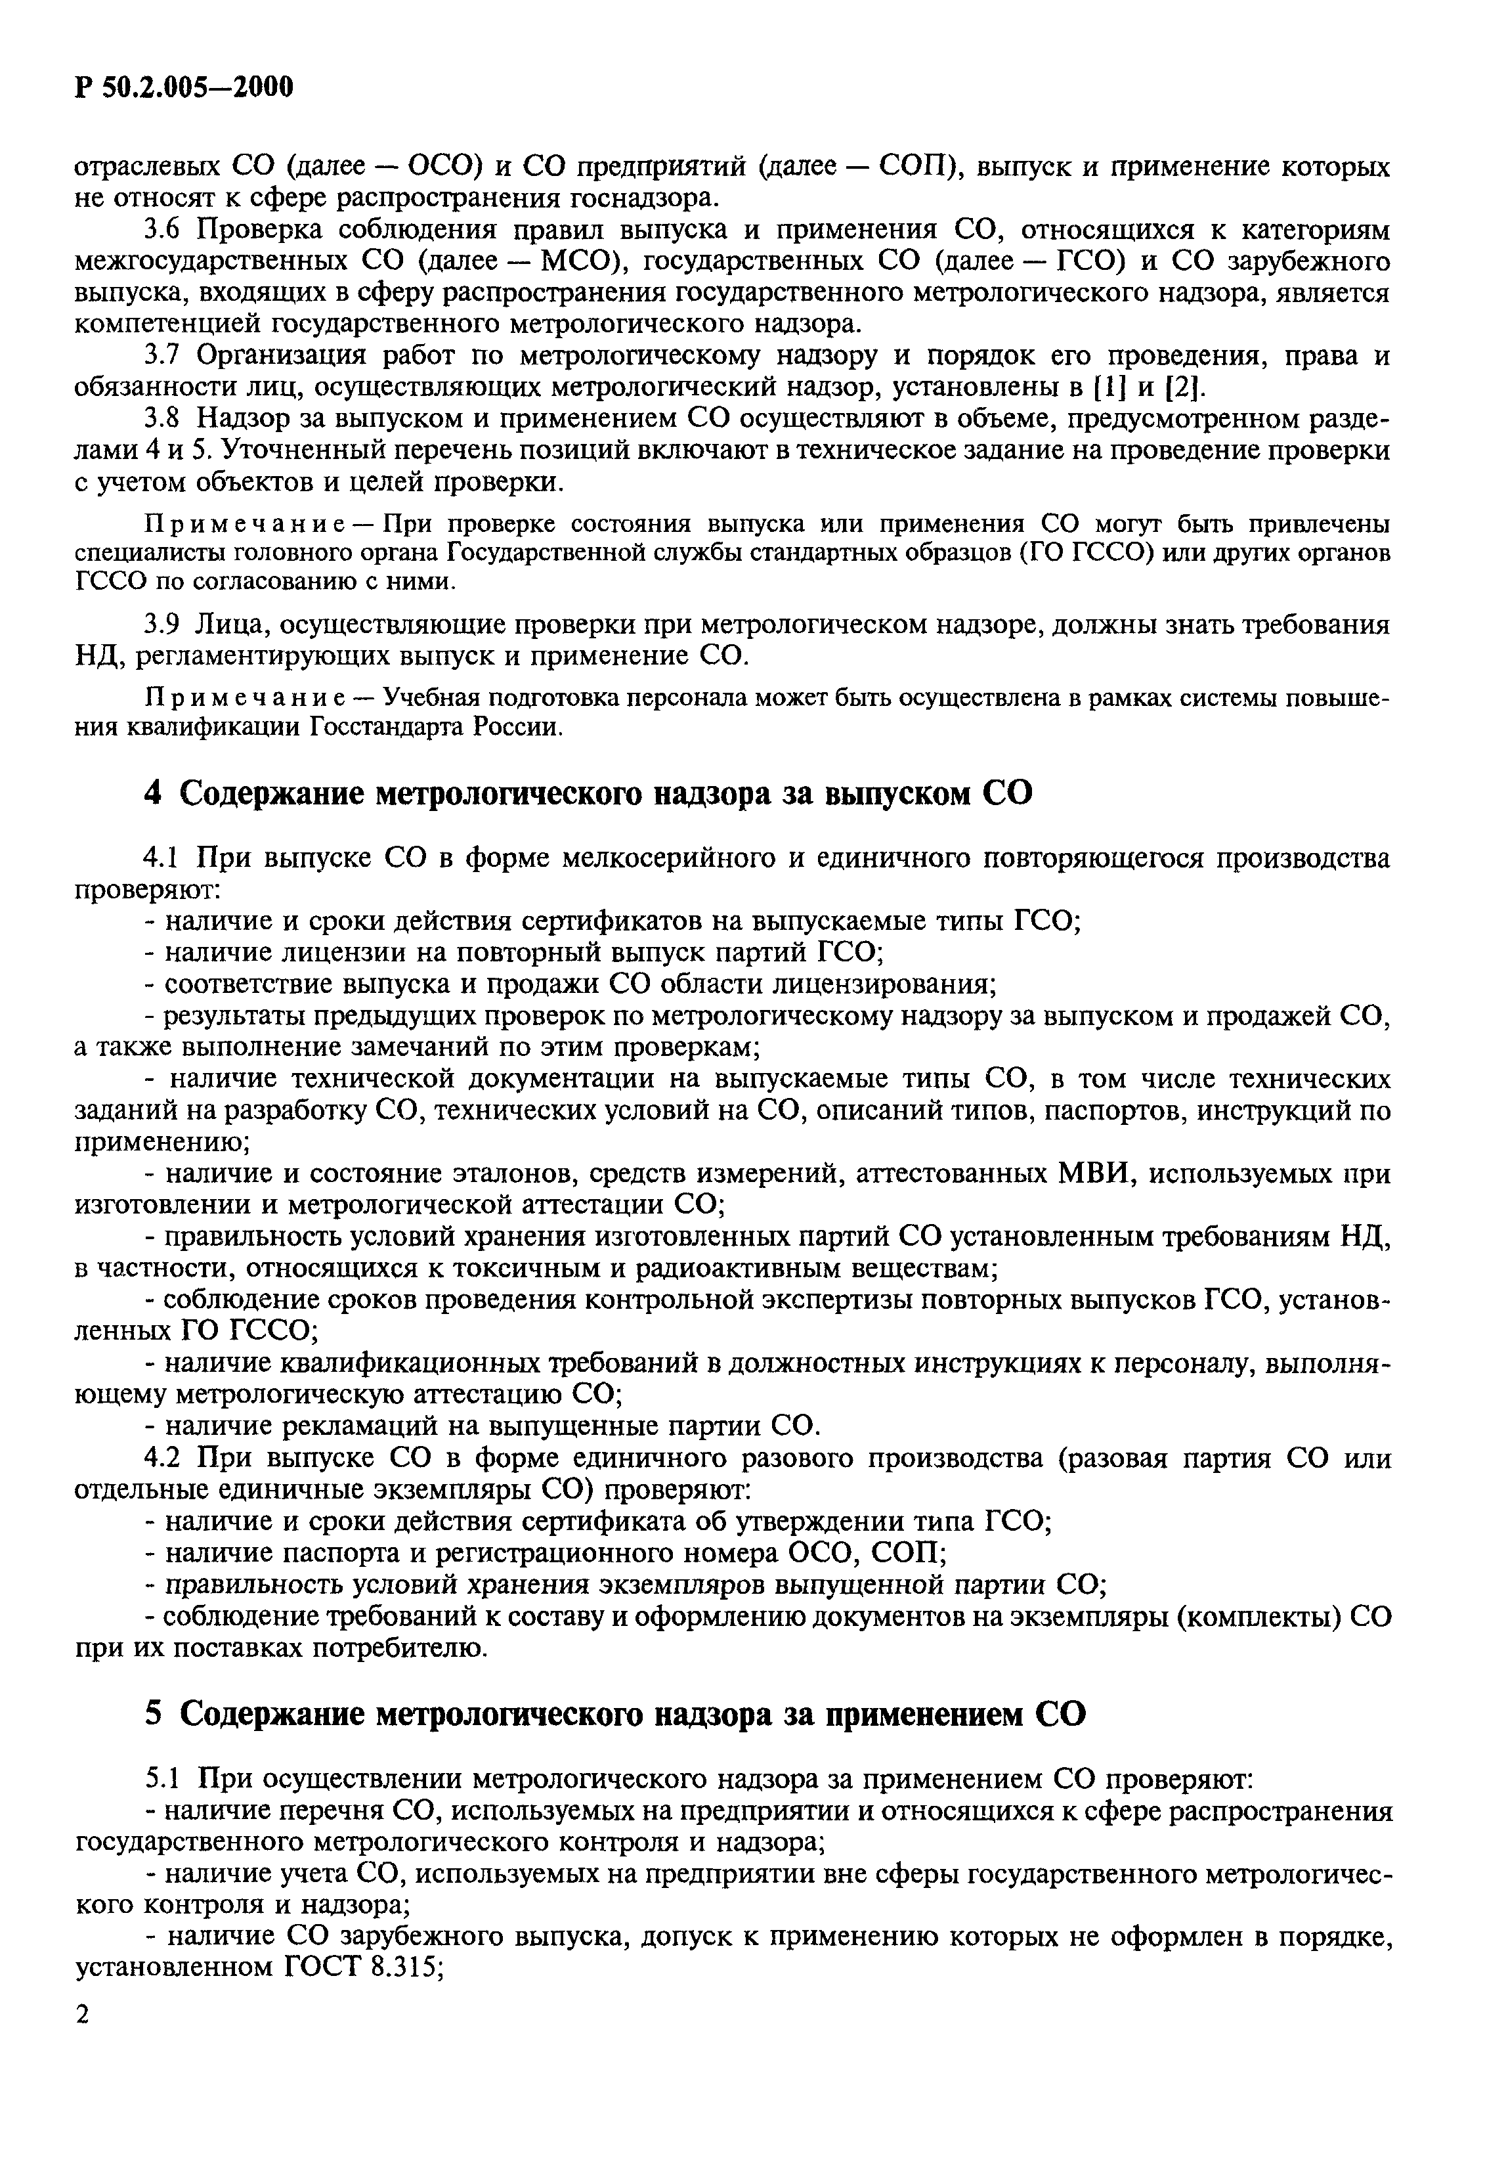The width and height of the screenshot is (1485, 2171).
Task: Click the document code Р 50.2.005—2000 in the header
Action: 183,87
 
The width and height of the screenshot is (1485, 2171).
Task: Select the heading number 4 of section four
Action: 154,793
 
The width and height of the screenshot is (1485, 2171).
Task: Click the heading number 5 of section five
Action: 154,1714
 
